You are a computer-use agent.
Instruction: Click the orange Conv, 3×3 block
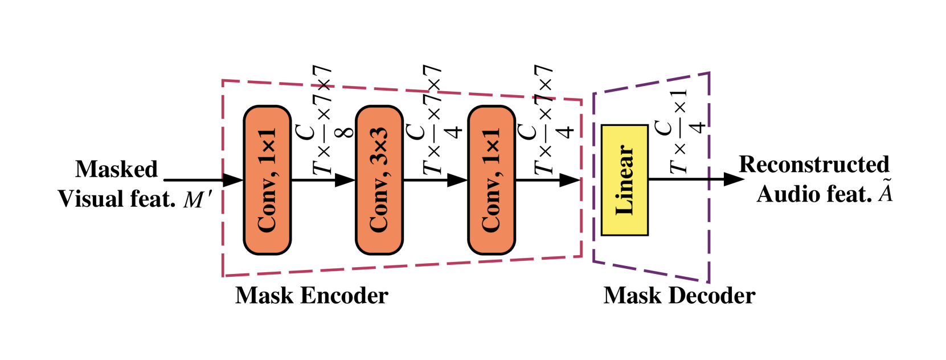pyautogui.click(x=379, y=180)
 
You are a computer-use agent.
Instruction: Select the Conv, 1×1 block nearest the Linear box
pyautogui.click(x=492, y=180)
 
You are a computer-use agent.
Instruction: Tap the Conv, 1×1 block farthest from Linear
pyautogui.click(x=267, y=180)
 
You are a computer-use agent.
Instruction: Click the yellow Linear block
pyautogui.click(x=625, y=180)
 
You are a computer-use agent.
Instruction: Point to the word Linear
pyautogui.click(x=625, y=180)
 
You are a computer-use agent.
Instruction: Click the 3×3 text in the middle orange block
pyautogui.click(x=379, y=146)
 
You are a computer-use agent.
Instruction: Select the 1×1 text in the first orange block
pyautogui.click(x=267, y=146)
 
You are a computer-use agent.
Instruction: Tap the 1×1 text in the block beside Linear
pyautogui.click(x=492, y=146)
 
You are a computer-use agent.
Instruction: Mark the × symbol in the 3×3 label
pyautogui.click(x=379, y=146)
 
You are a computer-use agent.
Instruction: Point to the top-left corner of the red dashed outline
pyautogui.click(x=222, y=80)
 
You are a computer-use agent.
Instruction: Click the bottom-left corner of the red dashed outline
pyautogui.click(x=223, y=276)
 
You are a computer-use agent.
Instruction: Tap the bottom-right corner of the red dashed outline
pyautogui.click(x=581, y=256)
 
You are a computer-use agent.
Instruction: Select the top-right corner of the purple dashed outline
pyautogui.click(x=709, y=73)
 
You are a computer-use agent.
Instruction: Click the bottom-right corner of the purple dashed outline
pyautogui.click(x=709, y=282)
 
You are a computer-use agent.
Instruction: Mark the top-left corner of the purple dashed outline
pyautogui.click(x=593, y=93)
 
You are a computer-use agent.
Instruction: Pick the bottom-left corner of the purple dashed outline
pyautogui.click(x=593, y=261)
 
